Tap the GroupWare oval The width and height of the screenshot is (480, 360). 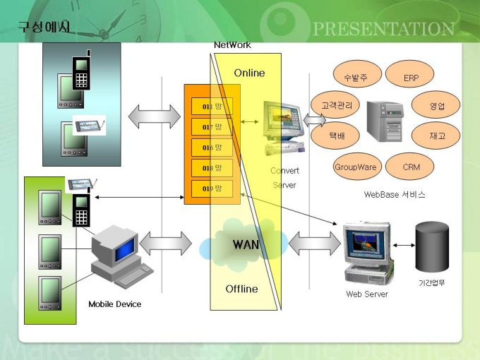coord(356,167)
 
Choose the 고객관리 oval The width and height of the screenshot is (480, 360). coord(335,105)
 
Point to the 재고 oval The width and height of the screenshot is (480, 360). coord(436,136)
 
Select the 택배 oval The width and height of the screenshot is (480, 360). coord(336,136)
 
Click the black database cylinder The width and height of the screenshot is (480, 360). coord(432,248)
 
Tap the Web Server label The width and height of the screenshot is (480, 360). coord(366,294)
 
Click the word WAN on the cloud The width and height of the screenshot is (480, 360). coord(246,245)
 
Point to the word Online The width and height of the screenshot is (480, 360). coord(249,73)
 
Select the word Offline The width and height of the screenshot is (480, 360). coord(241,289)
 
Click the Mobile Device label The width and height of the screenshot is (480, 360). coord(114,304)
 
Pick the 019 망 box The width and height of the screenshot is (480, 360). coord(212,188)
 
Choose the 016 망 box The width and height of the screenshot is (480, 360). coord(212,148)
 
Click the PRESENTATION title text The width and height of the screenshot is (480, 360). coord(383,29)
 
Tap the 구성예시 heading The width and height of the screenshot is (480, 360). coord(44,27)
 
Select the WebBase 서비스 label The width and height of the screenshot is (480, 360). coord(395,194)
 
